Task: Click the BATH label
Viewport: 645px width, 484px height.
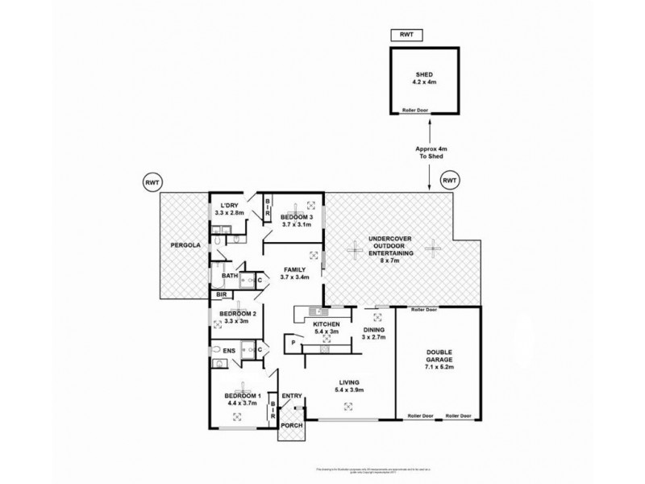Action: (229, 275)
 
